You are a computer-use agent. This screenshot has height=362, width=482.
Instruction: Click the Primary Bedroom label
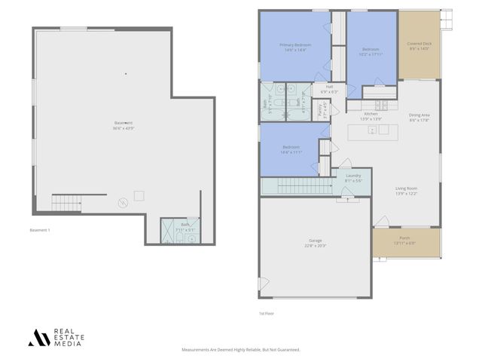pyautogui.click(x=295, y=45)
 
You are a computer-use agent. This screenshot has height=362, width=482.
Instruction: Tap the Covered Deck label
pyautogui.click(x=419, y=44)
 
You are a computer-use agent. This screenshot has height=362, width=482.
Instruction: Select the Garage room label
pyautogui.click(x=315, y=241)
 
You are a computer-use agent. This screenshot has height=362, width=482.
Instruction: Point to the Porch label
pyautogui.click(x=406, y=239)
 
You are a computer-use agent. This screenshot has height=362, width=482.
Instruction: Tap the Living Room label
pyautogui.click(x=407, y=190)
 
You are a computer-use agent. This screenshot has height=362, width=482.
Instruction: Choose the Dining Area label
pyautogui.click(x=419, y=115)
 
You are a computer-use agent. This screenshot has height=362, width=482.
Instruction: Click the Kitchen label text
pyautogui.click(x=371, y=115)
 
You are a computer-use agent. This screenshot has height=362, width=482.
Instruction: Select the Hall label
pyautogui.click(x=329, y=87)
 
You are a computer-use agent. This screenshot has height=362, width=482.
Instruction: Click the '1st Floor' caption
pyautogui.click(x=266, y=311)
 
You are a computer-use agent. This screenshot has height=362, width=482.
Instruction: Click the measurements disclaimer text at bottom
pyautogui.click(x=241, y=350)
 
